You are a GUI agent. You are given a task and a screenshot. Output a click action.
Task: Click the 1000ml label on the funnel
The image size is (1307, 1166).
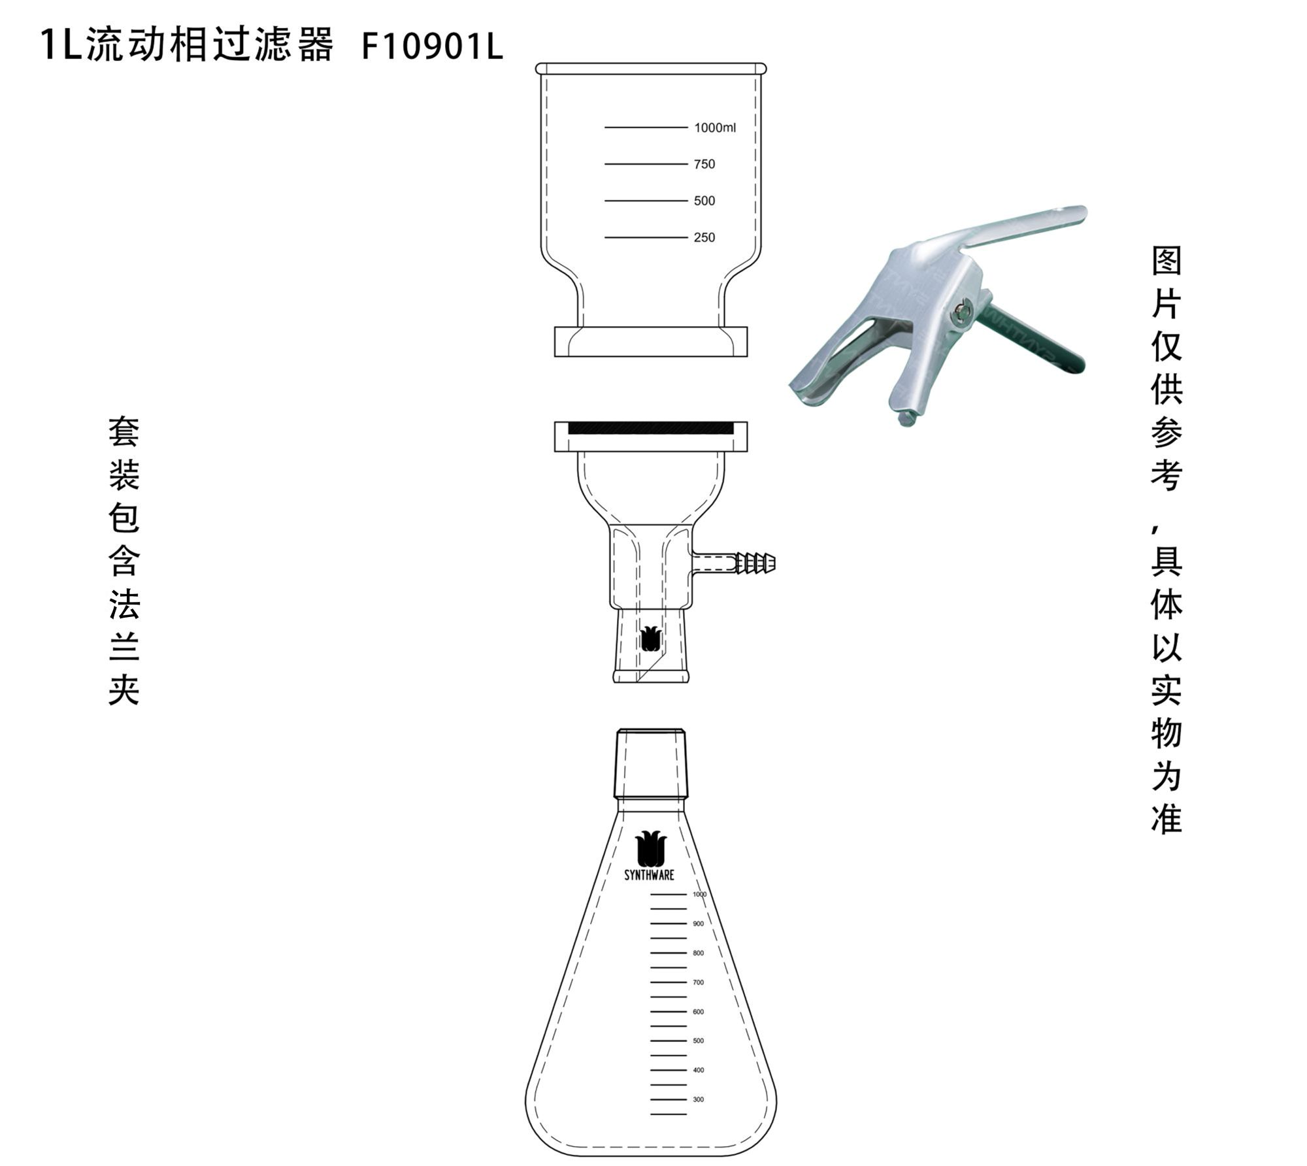pos(714,127)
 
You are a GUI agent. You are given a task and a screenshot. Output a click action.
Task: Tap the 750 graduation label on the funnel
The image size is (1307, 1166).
pos(704,164)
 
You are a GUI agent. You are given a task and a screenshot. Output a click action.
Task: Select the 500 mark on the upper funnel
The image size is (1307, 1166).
pos(704,201)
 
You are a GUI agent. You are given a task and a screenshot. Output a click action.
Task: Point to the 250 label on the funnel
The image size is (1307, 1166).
pos(704,237)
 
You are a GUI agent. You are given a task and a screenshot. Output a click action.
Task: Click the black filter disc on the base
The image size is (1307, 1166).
pos(650,429)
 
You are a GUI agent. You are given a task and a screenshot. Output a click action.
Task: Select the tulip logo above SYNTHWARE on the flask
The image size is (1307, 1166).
pos(650,848)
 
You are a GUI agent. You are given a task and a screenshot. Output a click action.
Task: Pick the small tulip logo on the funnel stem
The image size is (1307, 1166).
pos(650,639)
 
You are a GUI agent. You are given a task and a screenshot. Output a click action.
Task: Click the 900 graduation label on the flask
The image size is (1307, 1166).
pos(699,924)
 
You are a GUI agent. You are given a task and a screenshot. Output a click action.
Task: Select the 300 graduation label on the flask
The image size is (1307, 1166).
pos(699,1099)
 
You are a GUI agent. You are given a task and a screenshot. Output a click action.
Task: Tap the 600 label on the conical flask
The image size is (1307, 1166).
pos(699,1012)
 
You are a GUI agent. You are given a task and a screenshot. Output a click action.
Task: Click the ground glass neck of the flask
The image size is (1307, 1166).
pos(651,763)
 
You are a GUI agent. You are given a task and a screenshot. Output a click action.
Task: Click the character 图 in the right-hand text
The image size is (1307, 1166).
pos(1166,261)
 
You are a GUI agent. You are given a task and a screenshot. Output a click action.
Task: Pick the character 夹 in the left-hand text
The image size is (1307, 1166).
pos(124,690)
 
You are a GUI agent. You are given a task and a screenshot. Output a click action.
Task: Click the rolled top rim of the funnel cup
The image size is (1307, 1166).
pos(650,69)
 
